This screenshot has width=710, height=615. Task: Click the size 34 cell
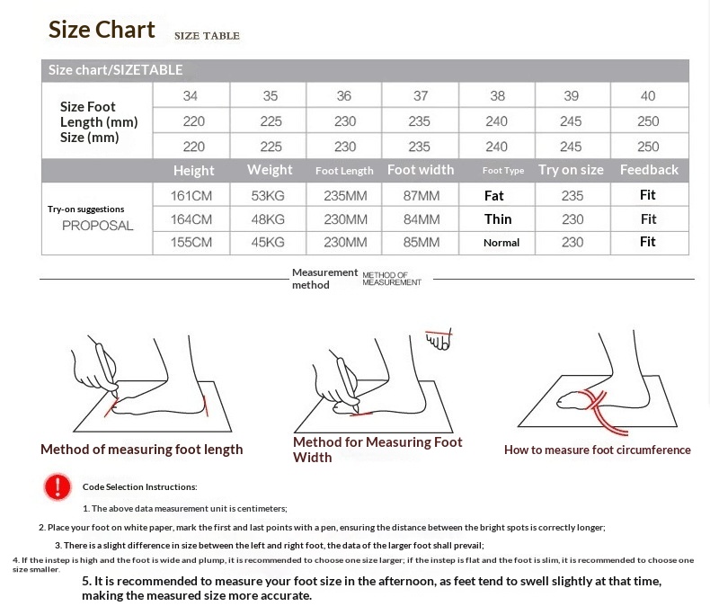tap(191, 95)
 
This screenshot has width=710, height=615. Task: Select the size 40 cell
tap(648, 95)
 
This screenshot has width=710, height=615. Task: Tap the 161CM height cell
tap(191, 196)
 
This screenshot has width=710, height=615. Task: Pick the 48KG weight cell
tap(268, 219)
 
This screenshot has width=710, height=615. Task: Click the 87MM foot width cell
tap(422, 196)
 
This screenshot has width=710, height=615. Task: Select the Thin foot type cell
tap(498, 219)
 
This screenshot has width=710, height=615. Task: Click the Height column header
tap(194, 170)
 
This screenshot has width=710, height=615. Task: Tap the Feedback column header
tap(649, 170)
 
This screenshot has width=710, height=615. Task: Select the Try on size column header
tap(571, 170)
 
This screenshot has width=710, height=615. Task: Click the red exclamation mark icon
tap(58, 486)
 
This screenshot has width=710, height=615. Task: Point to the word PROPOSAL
tap(97, 226)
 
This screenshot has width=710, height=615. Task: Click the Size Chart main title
tap(102, 30)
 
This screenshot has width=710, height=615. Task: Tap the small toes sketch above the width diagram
tap(439, 339)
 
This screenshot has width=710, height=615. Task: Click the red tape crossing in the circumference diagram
tap(595, 400)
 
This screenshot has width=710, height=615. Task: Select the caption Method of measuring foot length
tap(142, 450)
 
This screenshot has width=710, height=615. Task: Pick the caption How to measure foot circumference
tap(598, 450)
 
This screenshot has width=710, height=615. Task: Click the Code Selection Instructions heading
tap(140, 486)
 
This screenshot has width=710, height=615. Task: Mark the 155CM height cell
tap(191, 242)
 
